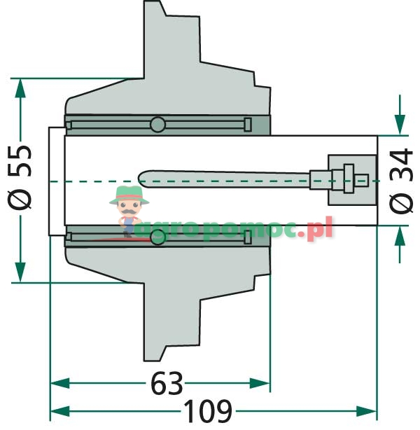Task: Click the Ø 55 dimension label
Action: point(19,177)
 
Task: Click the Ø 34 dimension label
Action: point(401,181)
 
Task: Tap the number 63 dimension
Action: point(167,383)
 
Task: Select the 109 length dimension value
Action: point(207,411)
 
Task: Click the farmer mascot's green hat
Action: point(129,195)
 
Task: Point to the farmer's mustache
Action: point(128,211)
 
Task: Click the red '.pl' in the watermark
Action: point(319,228)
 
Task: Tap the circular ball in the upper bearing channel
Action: point(157,125)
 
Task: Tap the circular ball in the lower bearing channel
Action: point(158,237)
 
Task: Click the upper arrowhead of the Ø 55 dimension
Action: point(20,88)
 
